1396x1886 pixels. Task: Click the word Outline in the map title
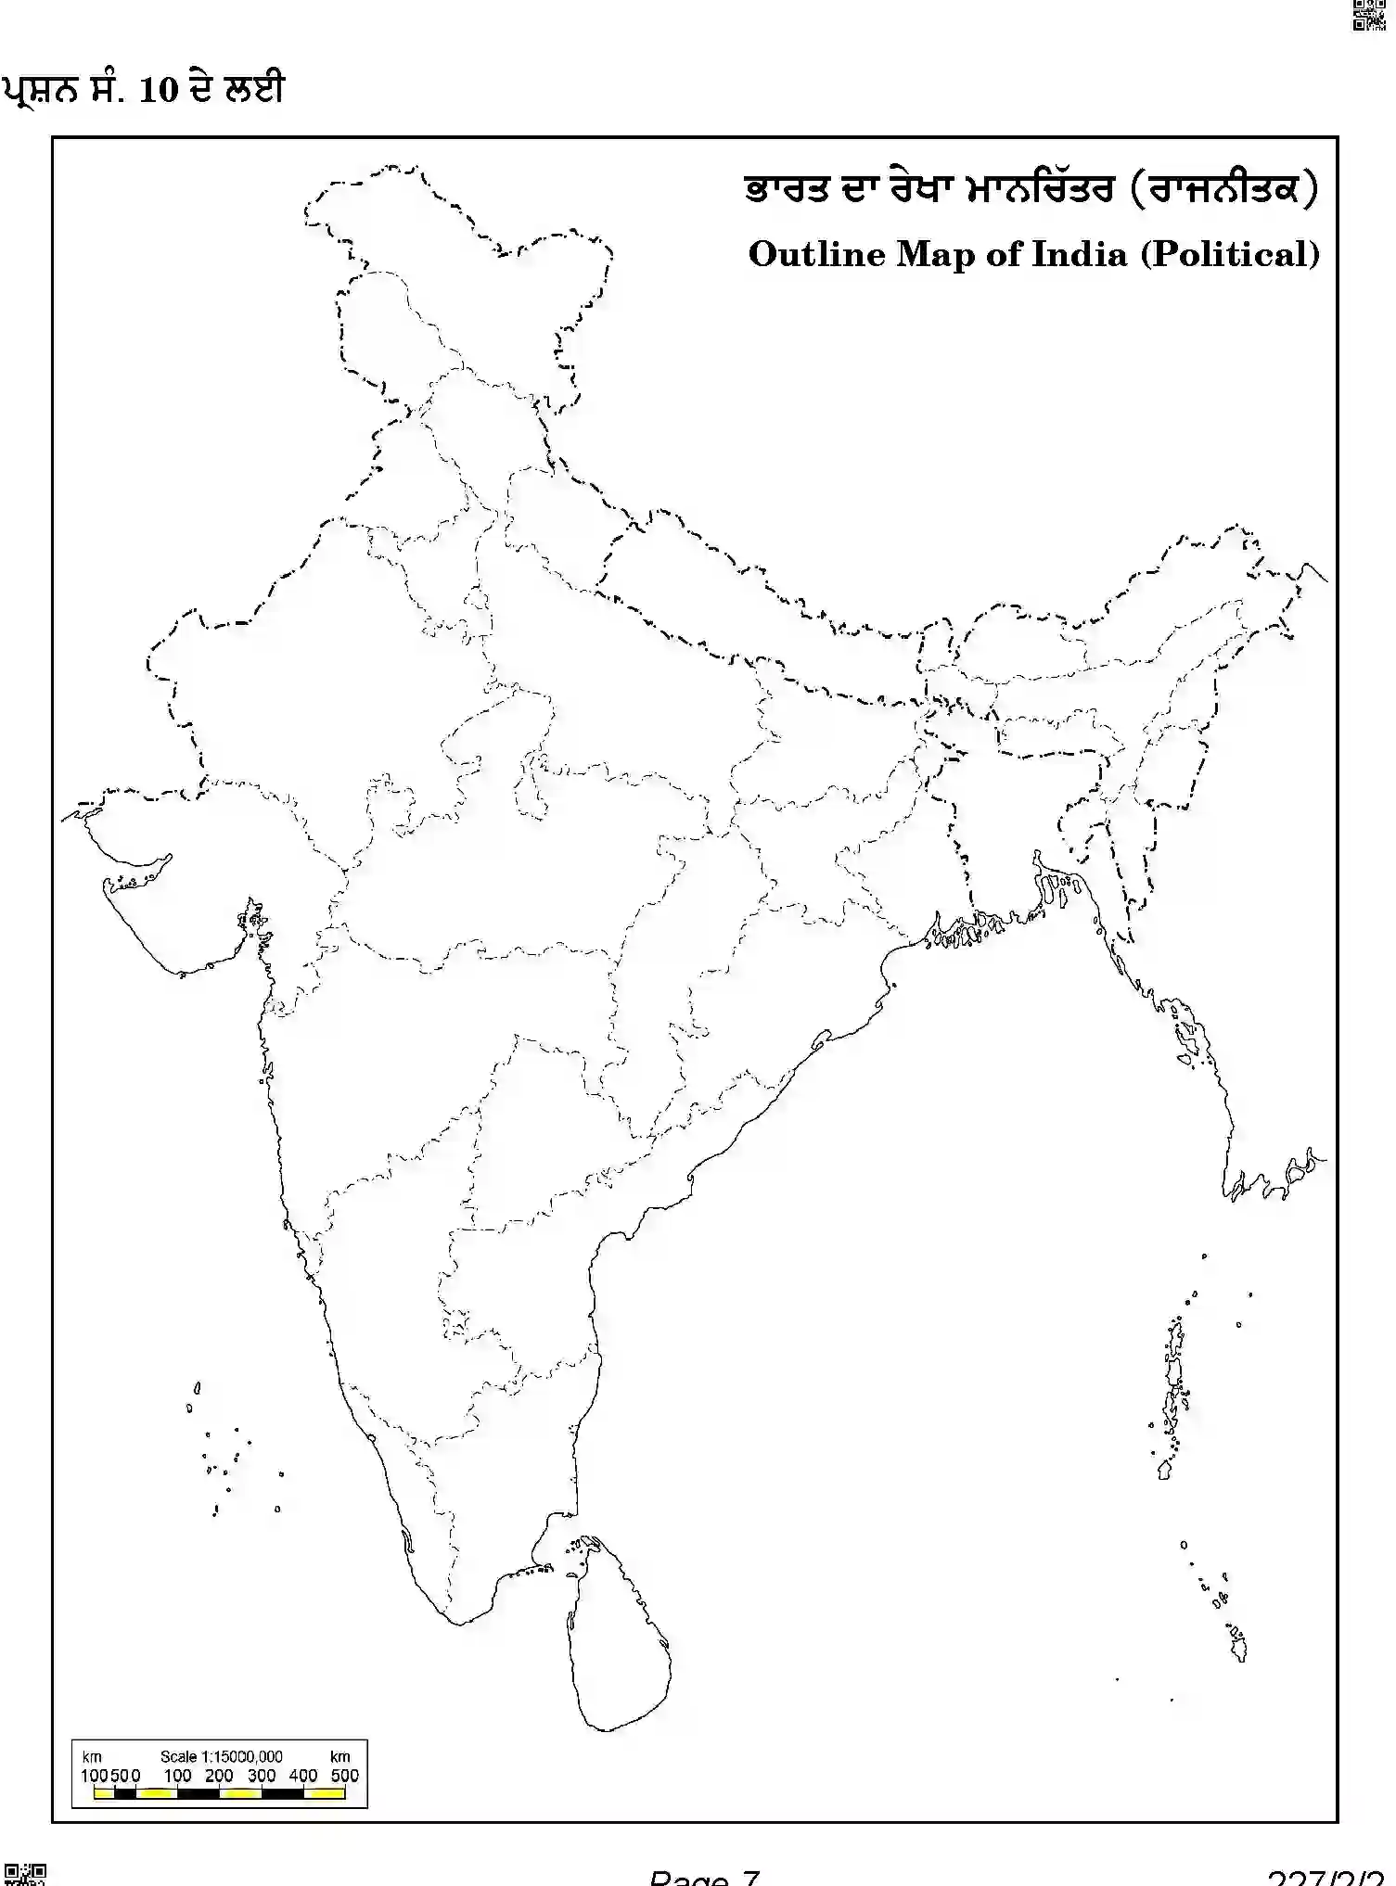816,254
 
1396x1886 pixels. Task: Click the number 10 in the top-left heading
158,90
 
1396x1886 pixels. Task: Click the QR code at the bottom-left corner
25,1873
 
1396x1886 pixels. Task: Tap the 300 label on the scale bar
262,1776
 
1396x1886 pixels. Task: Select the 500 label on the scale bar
345,1776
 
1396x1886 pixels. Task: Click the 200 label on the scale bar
219,1776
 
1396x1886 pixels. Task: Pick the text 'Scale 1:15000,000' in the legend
221,1756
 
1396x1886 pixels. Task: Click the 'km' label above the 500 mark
340,1756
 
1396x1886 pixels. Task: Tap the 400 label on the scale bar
303,1776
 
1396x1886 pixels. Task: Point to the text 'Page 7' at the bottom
704,1877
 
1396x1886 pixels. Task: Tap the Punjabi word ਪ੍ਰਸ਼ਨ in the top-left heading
37,90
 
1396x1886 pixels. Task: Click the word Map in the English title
935,254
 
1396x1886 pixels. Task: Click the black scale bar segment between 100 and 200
198,1794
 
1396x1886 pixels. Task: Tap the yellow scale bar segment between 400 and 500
325,1794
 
